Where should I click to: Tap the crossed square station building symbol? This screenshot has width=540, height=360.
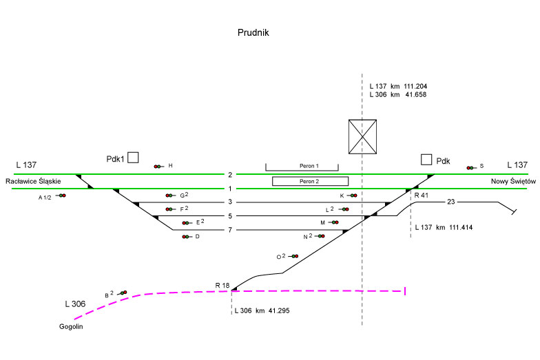[x=362, y=136]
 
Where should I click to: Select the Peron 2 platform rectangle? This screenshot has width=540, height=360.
[x=310, y=181]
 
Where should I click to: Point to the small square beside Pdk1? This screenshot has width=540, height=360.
[x=134, y=158]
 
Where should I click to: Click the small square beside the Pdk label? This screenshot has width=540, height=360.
[x=427, y=160]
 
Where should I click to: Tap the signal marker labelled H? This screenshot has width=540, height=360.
[x=159, y=166]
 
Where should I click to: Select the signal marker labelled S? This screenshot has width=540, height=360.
[x=471, y=167]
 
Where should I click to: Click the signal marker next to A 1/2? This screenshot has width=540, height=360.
[x=61, y=196]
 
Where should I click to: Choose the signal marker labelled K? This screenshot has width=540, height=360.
[x=353, y=195]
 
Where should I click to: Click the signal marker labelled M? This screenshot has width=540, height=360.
[x=334, y=222]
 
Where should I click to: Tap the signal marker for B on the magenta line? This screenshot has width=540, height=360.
[x=123, y=293]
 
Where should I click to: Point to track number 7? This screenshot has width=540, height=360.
[x=230, y=230]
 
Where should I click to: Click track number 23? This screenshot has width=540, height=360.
[x=451, y=202]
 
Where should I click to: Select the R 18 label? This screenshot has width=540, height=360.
[x=222, y=285]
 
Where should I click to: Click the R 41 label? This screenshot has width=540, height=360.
[x=421, y=196]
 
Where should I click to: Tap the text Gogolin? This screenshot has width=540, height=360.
[x=71, y=326]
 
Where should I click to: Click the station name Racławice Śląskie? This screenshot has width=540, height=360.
[x=33, y=180]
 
